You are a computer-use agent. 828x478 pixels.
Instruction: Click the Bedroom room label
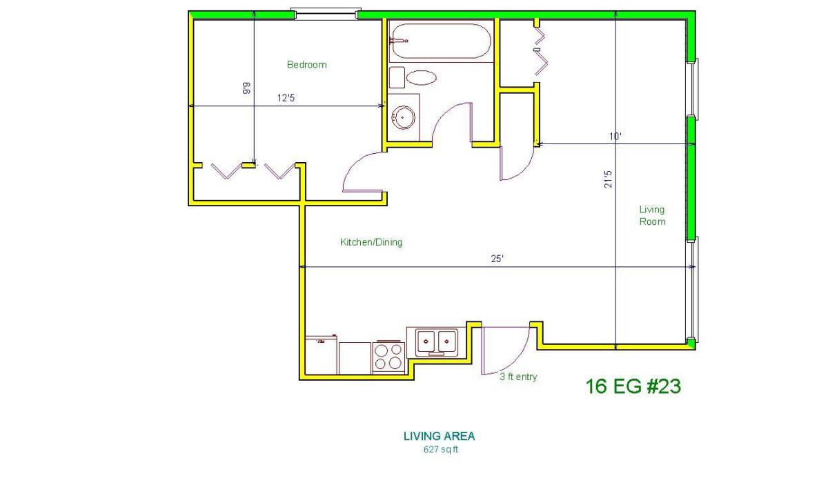pos(307,65)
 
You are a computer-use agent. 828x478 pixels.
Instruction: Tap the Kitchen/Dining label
pos(371,242)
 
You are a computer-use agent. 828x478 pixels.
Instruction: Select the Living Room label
pos(653,215)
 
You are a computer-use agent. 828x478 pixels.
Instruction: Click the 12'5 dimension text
pos(286,98)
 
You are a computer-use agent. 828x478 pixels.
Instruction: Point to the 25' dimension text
pos(497,259)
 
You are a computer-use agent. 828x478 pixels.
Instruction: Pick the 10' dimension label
pos(615,137)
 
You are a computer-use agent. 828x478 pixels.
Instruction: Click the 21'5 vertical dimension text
pos(608,179)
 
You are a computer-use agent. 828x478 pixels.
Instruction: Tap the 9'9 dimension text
pos(246,88)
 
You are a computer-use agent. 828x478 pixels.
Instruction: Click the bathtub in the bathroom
pos(441,41)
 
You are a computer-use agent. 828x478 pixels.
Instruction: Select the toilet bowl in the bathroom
pos(422,77)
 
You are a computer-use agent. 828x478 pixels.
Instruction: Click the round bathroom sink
pos(403,117)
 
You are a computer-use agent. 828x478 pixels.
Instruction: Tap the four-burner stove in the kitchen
pos(388,357)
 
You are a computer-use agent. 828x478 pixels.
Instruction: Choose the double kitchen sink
pos(436,342)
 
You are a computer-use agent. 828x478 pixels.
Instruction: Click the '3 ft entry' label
pos(518,377)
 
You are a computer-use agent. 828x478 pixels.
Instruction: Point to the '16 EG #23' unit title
pos(633,386)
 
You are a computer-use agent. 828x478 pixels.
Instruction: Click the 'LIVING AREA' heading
pos(439,436)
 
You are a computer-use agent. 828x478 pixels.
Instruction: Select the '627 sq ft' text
pos(441,450)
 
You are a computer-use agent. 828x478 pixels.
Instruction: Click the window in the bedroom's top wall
pos(326,13)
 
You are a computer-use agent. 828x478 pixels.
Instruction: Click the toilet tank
pos(397,77)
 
